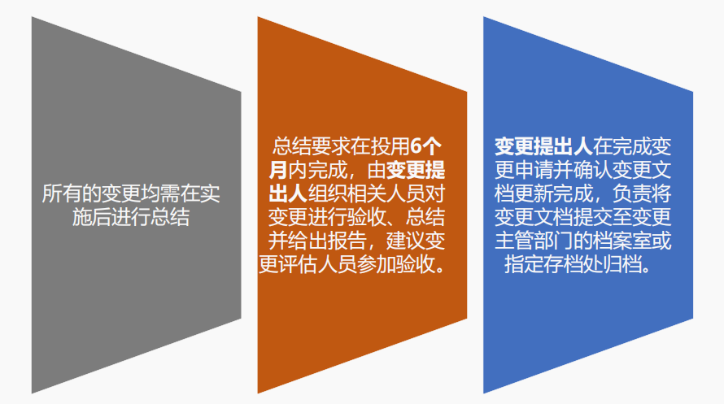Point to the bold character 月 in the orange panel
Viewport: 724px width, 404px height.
(x=277, y=171)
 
